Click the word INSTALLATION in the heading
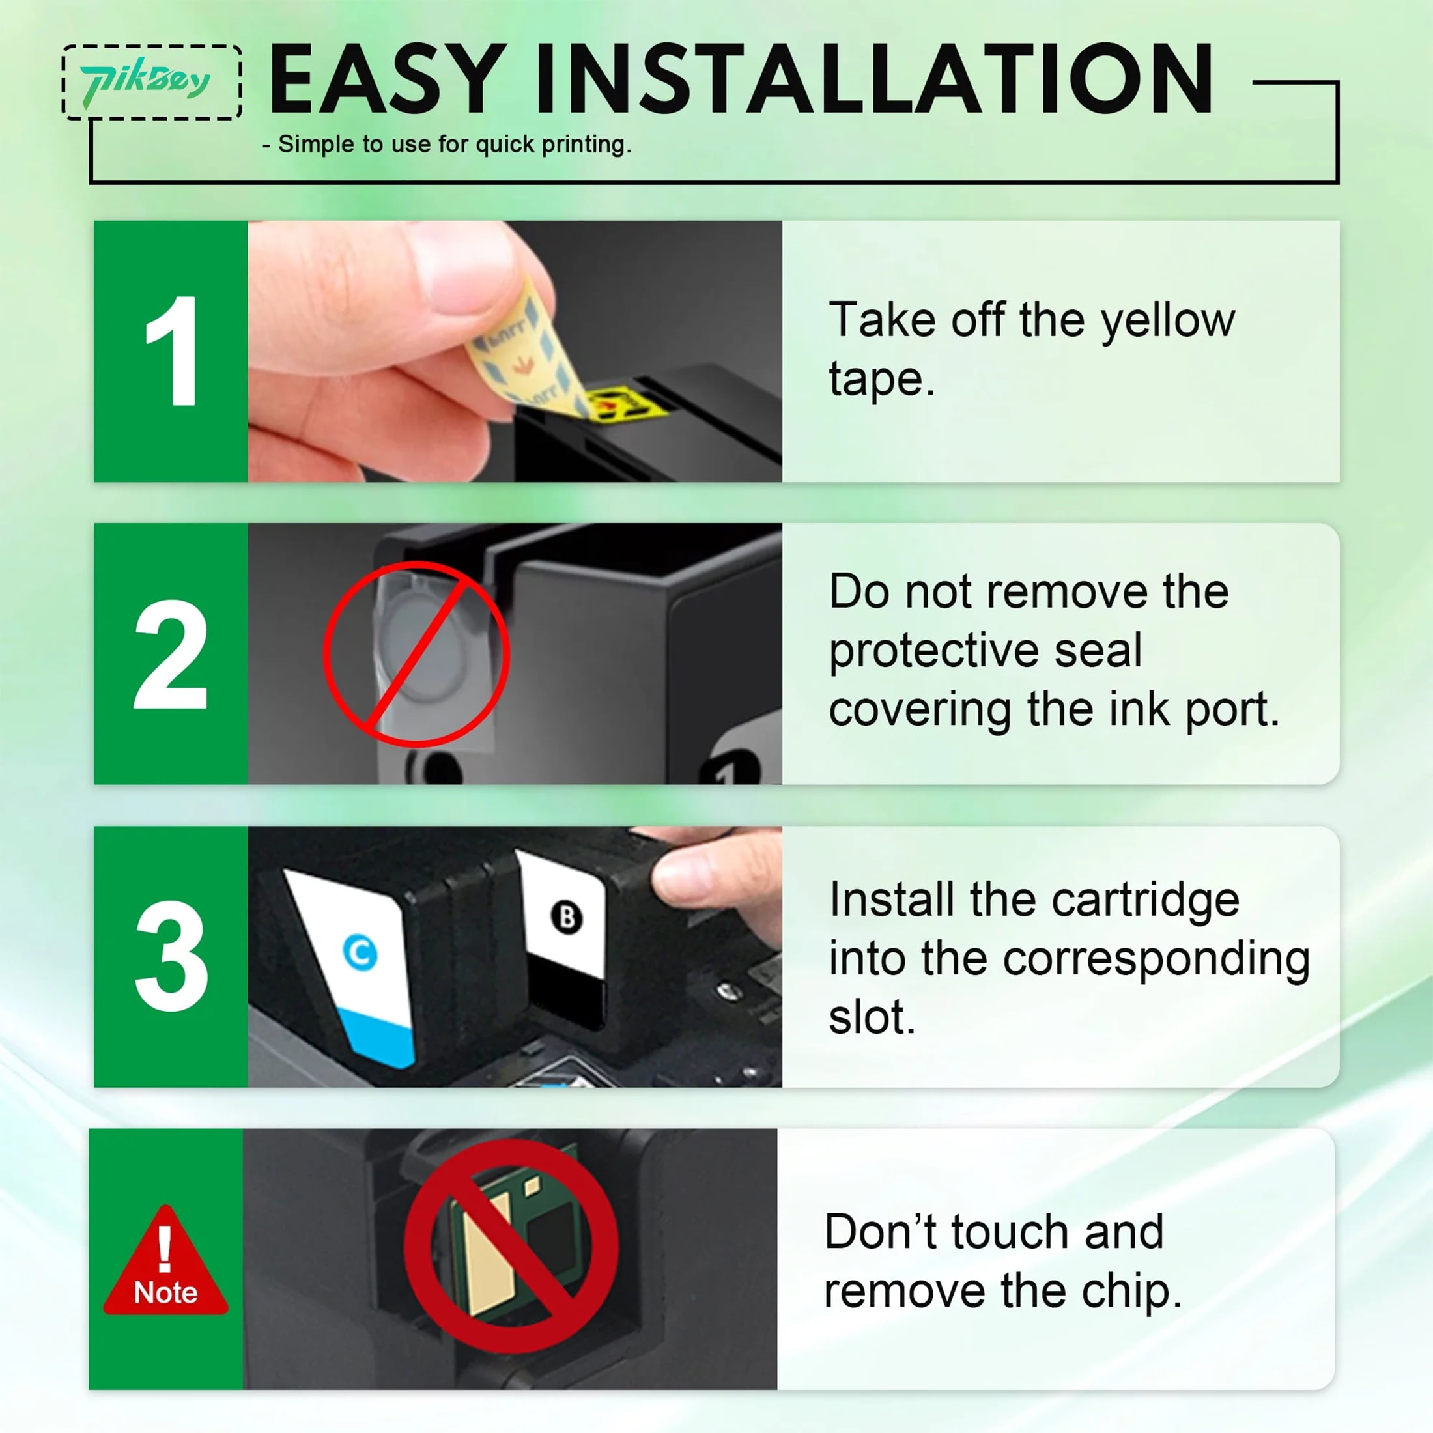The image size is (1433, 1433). click(875, 79)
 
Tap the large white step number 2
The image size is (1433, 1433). click(170, 653)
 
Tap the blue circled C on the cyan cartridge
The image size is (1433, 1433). click(360, 952)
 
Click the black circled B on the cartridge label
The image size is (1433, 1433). click(567, 918)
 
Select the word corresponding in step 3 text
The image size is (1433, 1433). click(1156, 959)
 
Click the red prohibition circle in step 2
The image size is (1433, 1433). click(417, 653)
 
